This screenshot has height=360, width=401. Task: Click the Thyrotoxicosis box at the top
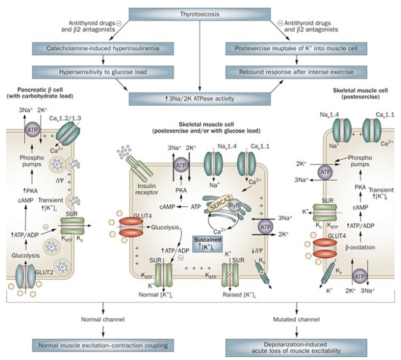pyautogui.click(x=200, y=14)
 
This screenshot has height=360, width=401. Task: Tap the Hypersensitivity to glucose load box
pyautogui.click(x=105, y=72)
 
